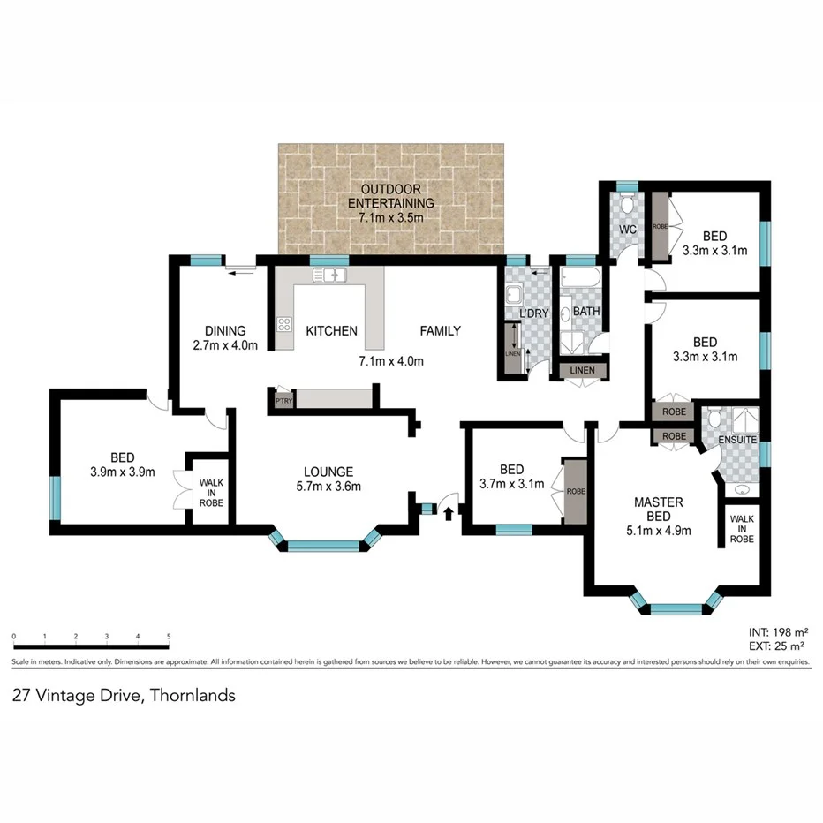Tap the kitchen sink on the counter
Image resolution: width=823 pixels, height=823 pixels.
click(x=331, y=276)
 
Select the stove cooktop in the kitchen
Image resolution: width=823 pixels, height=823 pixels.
click(x=283, y=324)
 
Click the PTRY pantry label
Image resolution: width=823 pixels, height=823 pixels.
click(x=283, y=400)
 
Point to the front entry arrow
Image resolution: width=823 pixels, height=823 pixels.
click(x=449, y=511)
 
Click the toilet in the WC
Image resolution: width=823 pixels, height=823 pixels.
click(x=626, y=205)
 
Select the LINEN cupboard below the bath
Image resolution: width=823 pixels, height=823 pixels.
click(x=582, y=370)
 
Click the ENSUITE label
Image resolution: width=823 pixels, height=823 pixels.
click(x=738, y=439)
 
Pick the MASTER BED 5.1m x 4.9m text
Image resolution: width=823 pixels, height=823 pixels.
click(x=658, y=516)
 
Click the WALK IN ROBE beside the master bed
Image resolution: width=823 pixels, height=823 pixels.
click(x=742, y=527)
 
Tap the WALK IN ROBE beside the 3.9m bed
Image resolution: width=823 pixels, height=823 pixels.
click(x=211, y=493)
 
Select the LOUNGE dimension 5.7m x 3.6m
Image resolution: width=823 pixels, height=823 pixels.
click(x=328, y=486)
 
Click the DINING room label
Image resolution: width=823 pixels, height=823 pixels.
click(x=224, y=331)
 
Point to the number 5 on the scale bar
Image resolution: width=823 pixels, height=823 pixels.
click(x=168, y=636)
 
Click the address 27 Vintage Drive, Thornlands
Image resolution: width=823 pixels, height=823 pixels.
click(x=124, y=695)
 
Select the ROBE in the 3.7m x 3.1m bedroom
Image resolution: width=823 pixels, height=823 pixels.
click(x=576, y=491)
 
